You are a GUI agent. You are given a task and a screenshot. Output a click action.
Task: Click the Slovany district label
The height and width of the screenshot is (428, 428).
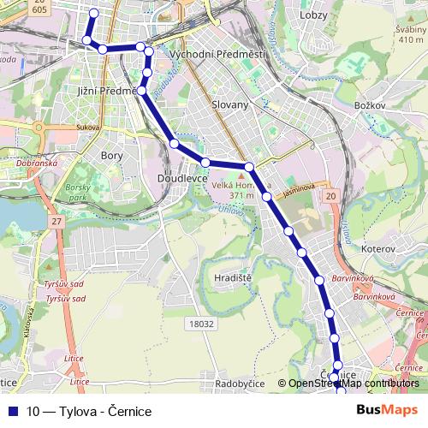click(229, 104)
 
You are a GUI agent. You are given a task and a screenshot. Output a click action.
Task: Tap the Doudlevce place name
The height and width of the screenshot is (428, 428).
click(178, 178)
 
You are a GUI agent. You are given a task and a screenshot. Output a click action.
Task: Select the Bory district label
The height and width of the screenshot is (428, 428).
click(111, 156)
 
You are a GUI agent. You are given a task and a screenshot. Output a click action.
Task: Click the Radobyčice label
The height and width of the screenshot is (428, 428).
click(240, 383)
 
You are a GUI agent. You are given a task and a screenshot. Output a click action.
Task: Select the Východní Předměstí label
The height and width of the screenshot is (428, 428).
click(217, 54)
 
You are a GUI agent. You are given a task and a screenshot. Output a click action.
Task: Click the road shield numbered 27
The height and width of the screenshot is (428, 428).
click(57, 222)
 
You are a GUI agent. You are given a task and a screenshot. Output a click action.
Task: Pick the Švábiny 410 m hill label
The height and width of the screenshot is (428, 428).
click(411, 33)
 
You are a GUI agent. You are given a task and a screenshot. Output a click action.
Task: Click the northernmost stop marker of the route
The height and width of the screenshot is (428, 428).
click(93, 13)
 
